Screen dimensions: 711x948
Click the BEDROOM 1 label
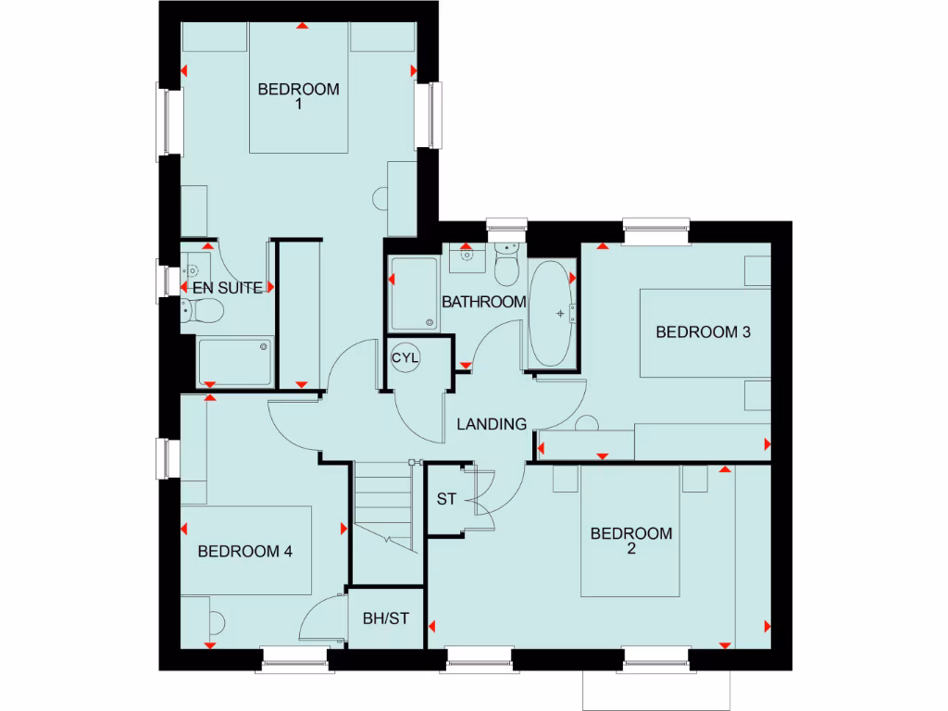[298, 97]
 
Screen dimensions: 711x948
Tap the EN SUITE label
[227, 288]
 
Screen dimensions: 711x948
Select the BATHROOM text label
[483, 302]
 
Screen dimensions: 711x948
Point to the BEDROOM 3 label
[703, 332]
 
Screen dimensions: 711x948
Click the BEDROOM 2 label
[630, 541]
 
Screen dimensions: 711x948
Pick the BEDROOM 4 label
[245, 552]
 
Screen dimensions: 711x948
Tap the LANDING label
[492, 424]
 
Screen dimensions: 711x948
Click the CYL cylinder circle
[405, 357]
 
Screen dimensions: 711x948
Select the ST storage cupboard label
[446, 499]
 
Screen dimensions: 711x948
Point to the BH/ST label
[385, 618]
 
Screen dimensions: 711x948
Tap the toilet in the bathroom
[506, 265]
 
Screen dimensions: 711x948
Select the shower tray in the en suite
[235, 361]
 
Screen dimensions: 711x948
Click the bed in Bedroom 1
[298, 88]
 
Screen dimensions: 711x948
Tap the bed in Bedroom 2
[630, 532]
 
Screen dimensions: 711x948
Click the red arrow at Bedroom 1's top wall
[301, 25]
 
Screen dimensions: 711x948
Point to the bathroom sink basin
[468, 253]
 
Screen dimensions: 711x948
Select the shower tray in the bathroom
[413, 293]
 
